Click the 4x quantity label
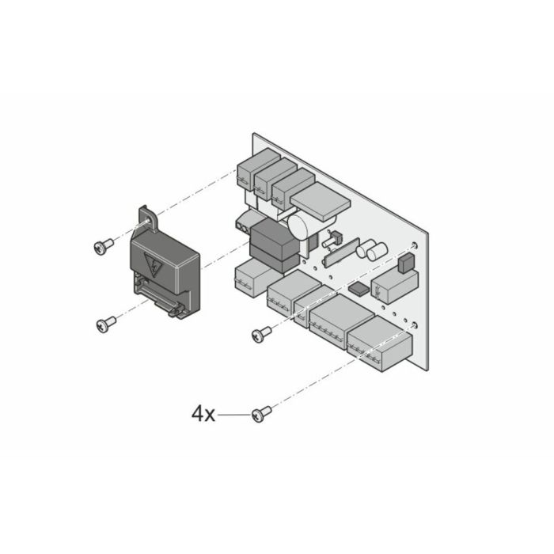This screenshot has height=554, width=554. click(x=203, y=413)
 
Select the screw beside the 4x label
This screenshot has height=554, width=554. click(x=261, y=412)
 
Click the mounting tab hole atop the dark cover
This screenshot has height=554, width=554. click(x=146, y=213)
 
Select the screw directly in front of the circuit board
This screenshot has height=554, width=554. click(x=261, y=334)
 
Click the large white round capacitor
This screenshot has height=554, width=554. click(x=301, y=226)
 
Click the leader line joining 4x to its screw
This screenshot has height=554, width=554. click(x=234, y=413)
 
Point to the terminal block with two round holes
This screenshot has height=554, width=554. click(x=243, y=225)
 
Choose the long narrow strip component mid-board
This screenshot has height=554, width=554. click(x=341, y=251)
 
